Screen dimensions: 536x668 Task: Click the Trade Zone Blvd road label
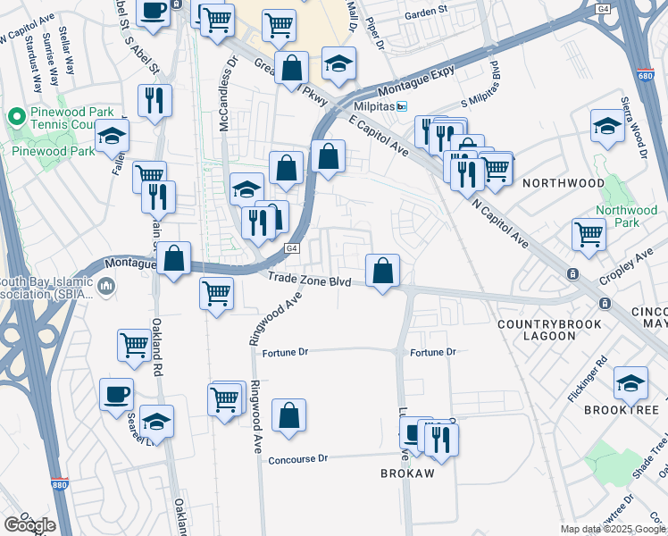pyautogui.click(x=309, y=280)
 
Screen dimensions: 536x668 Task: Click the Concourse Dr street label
pyautogui.click(x=298, y=458)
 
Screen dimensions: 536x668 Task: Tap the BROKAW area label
pyautogui.click(x=407, y=473)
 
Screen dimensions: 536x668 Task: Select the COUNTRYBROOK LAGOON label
pyautogui.click(x=537, y=330)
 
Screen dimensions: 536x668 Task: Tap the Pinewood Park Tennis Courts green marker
pyautogui.click(x=15, y=117)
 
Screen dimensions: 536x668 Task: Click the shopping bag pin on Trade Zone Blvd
pyautogui.click(x=382, y=271)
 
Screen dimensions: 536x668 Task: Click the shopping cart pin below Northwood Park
pyautogui.click(x=589, y=234)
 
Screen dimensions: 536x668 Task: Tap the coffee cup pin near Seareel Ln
pyautogui.click(x=115, y=394)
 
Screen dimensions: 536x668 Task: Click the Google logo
pyautogui.click(x=29, y=525)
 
